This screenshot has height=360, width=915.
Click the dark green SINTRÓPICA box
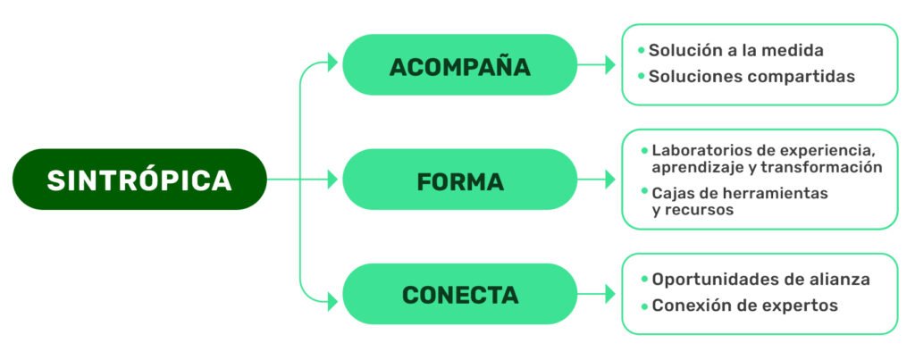tap(139, 180)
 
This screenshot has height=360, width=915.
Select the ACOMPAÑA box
tap(459, 65)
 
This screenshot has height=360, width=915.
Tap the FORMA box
tap(459, 180)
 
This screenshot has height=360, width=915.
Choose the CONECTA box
tap(459, 294)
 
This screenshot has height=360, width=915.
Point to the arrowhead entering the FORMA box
tap(333, 180)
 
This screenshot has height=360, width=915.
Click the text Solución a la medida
tap(735, 50)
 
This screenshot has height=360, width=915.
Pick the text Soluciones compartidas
tap(751, 77)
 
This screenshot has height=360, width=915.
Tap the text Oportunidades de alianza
tap(760, 279)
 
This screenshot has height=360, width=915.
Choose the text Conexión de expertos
tap(744, 306)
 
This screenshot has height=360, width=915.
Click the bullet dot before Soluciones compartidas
tap(642, 77)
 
